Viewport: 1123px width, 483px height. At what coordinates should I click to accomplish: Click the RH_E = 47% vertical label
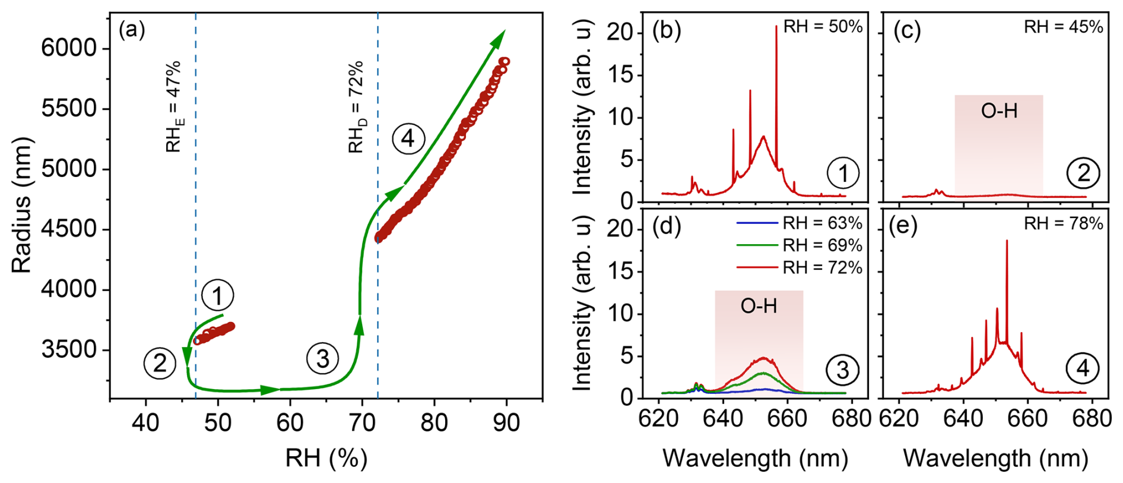coord(173,107)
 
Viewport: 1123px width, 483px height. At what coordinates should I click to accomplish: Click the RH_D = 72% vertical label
coord(356,107)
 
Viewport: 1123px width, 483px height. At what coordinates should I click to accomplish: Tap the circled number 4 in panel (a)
coord(408,139)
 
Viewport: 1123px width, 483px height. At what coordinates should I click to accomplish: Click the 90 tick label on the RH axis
coord(506,422)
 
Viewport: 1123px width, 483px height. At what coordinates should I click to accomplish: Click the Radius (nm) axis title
coord(21,206)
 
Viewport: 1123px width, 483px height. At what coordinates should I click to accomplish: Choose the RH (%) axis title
coord(326,458)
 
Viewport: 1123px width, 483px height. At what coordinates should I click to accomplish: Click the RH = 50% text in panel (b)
coord(823,27)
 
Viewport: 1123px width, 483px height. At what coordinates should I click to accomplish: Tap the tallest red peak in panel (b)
coord(776,27)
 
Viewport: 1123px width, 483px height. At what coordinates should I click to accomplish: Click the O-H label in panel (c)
coord(999,111)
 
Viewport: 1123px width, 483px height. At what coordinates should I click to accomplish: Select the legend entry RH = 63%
coord(822,223)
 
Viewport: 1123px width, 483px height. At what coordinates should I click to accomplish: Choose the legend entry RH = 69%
coord(822,245)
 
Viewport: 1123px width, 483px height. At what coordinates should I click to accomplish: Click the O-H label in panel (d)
coord(759,306)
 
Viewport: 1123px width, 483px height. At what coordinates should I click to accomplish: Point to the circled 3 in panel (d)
coord(843,370)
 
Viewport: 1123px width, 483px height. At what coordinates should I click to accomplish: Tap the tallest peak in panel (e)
coord(1007,242)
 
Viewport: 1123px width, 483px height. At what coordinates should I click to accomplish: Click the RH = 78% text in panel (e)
coord(1063,223)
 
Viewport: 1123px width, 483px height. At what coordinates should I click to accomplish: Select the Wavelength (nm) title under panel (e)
coord(995,458)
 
